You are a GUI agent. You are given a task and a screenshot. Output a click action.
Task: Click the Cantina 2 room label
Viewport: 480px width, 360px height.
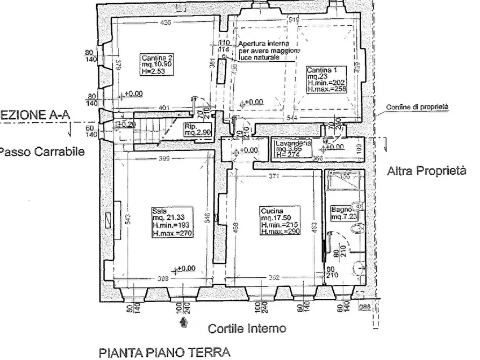tap(157, 63)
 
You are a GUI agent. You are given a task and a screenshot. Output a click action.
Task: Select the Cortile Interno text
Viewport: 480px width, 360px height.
tap(240, 328)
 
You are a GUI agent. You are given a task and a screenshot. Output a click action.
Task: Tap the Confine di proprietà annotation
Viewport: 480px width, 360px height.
tap(417, 107)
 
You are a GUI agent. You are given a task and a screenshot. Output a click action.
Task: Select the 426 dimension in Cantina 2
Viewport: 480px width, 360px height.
tap(166, 22)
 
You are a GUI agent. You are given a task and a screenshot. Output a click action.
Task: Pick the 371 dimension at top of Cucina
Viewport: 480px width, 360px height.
tap(275, 177)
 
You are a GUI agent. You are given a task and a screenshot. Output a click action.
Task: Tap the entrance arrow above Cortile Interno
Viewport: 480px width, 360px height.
tap(184, 322)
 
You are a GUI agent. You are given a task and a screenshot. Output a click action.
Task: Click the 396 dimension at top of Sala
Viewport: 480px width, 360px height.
tap(165, 159)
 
